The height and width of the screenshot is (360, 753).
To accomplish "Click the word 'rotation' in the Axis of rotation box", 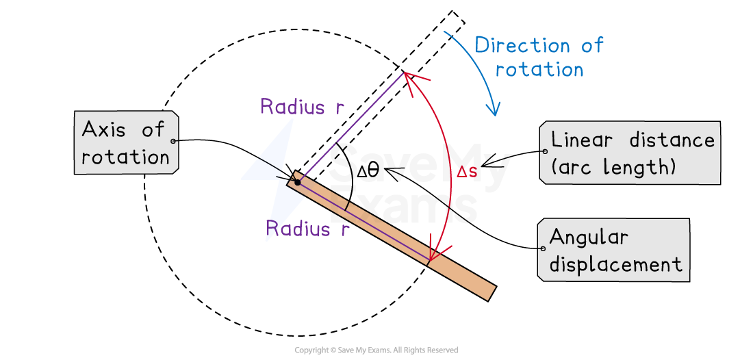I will tap(125, 157).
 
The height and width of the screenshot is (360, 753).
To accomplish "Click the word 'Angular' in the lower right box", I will tap(589, 237).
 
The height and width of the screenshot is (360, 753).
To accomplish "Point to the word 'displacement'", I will tap(616, 264).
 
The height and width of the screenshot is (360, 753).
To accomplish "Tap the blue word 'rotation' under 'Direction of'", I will tap(539, 70).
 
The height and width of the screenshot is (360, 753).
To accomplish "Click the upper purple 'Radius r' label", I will tap(301, 107).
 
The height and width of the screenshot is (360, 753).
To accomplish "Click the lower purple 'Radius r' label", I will tap(308, 229).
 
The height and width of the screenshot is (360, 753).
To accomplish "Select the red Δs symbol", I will tap(467, 172).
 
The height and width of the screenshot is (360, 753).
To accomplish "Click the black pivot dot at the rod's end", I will tap(298, 182).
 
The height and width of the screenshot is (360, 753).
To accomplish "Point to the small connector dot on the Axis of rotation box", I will tap(174, 141).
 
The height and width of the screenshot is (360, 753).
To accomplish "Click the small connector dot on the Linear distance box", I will tap(544, 151).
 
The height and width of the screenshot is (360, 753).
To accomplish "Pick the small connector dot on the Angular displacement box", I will tap(543, 248).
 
